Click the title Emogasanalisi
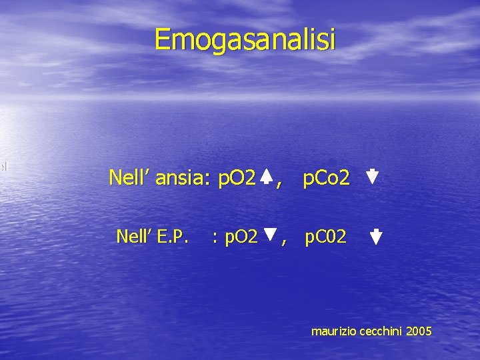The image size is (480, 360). pos(245,39)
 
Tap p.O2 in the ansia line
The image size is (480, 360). pos(237,178)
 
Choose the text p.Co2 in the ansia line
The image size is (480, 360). pos(326,178)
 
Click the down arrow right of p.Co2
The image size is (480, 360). pos(372,177)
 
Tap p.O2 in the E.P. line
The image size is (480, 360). pos(240,236)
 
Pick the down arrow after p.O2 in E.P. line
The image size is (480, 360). pos(270,234)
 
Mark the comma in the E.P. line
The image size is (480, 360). pos(285,241)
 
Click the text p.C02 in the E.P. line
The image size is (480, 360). pos(326,236)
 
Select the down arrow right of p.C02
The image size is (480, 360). pos(375,237)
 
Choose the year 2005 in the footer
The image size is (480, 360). pos(418,331)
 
